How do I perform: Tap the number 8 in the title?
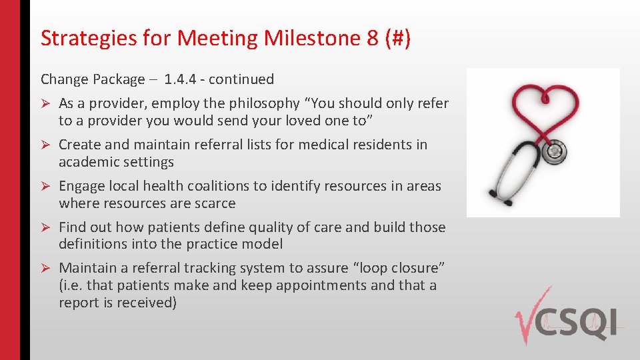tap(373, 39)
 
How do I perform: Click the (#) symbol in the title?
tap(397, 39)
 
